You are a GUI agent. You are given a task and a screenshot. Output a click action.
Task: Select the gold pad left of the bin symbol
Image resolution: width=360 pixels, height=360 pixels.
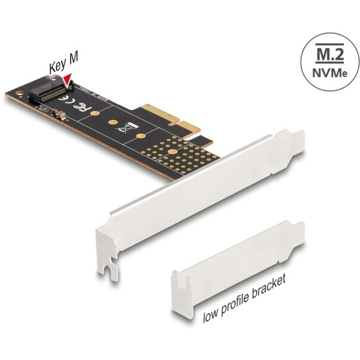[112, 122]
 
